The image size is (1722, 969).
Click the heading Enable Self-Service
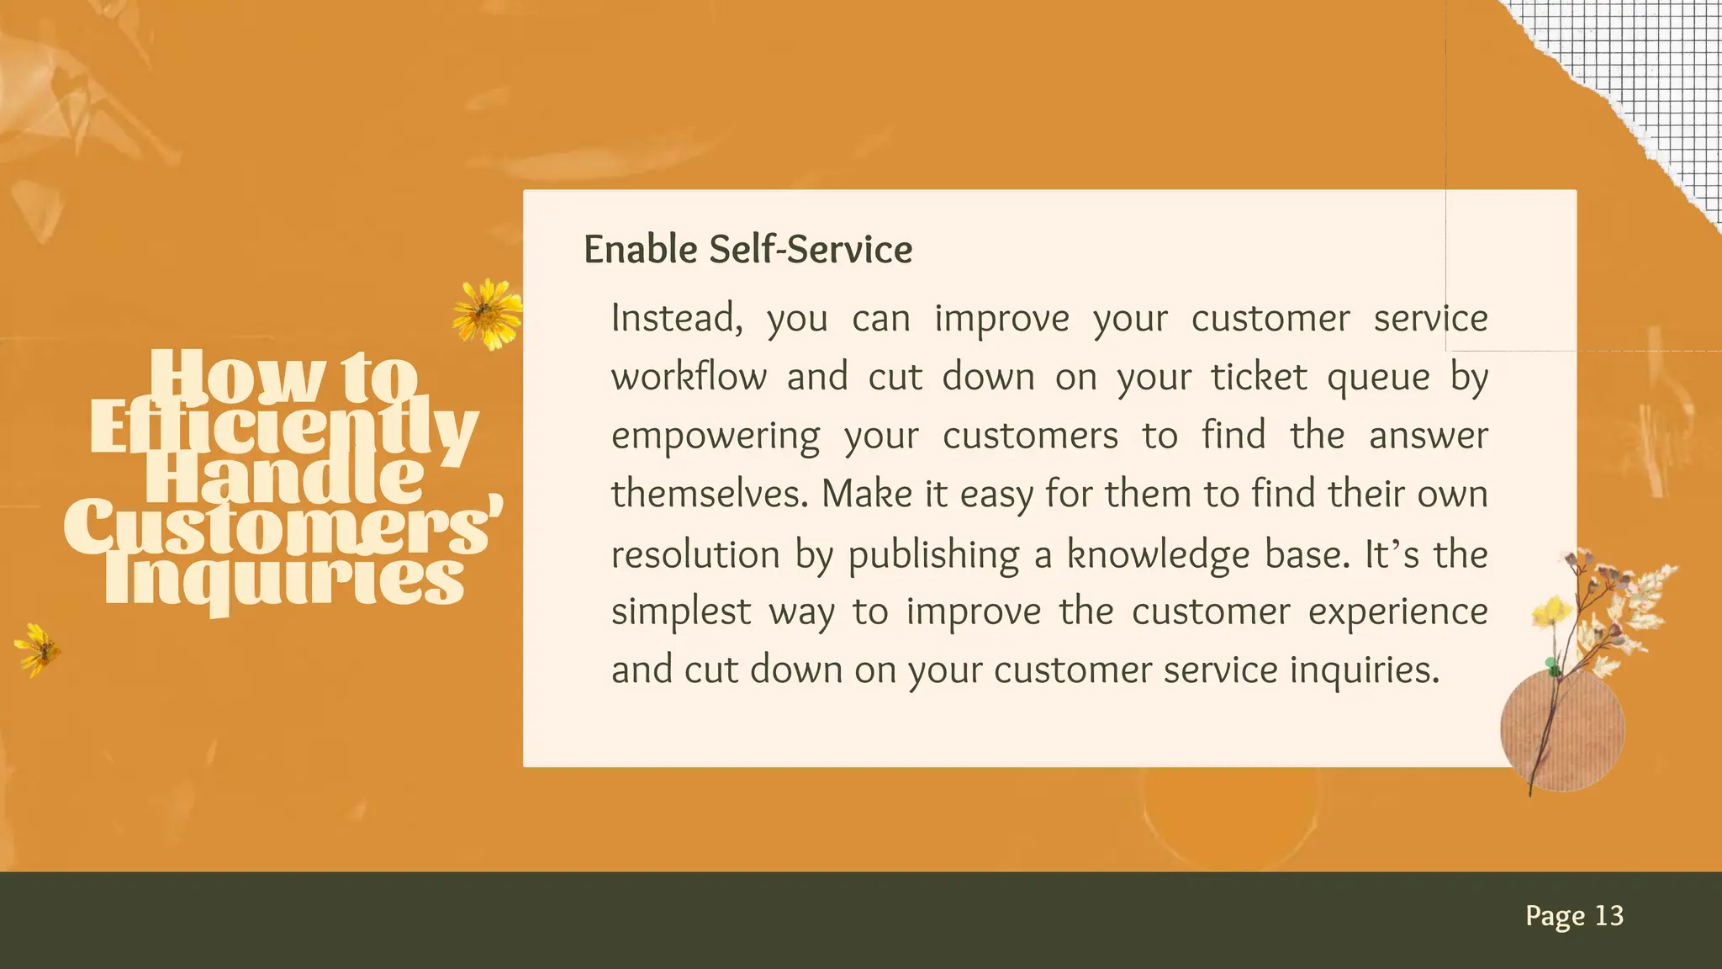(747, 250)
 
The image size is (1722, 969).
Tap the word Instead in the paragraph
(676, 319)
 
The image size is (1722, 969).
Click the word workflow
(689, 377)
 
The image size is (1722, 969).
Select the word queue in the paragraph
(1377, 378)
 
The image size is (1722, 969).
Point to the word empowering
(715, 437)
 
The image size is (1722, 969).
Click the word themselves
(709, 494)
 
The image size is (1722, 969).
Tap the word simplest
(680, 612)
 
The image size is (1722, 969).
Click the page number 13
(1608, 915)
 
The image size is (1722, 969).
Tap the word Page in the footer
(1555, 916)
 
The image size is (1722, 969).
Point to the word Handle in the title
(284, 479)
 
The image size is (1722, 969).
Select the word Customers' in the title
(283, 527)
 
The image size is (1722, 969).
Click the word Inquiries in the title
(283, 580)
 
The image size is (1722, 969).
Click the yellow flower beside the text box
(487, 314)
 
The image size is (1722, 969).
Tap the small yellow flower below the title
(38, 649)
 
